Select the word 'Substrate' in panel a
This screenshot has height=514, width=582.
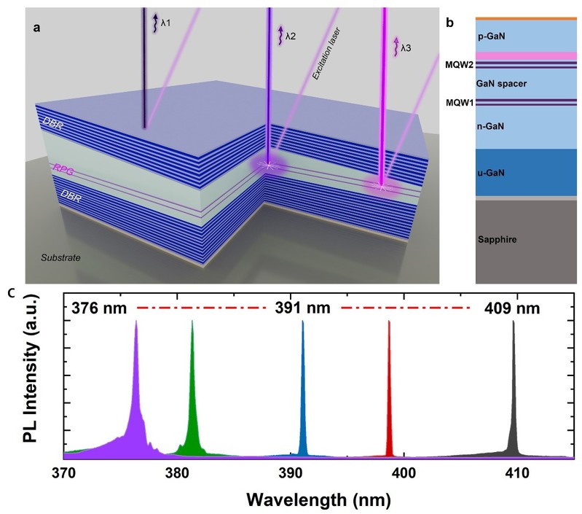pos(60,258)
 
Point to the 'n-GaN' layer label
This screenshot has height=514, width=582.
pos(491,125)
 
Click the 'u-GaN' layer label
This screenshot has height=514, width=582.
pos(491,173)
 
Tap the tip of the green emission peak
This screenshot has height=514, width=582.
pos(192,322)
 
